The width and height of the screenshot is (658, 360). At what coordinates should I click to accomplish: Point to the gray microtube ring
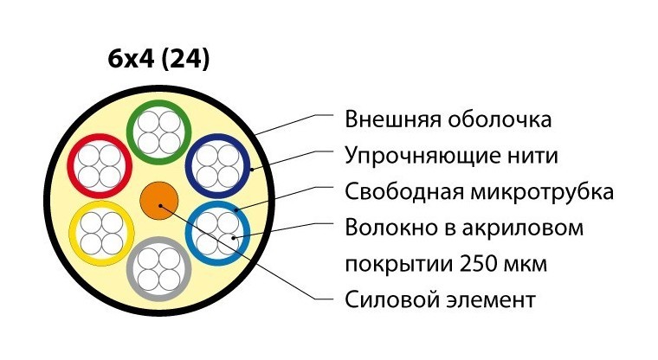130,266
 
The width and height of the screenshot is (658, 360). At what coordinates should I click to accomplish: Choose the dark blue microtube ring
248,166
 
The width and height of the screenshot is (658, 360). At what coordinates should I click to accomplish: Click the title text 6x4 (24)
159,60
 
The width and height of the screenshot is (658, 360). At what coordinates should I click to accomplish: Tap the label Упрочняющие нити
451,157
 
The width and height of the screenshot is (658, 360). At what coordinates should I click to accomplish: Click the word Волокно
384,229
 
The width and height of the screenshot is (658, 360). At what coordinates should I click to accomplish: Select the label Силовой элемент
440,301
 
